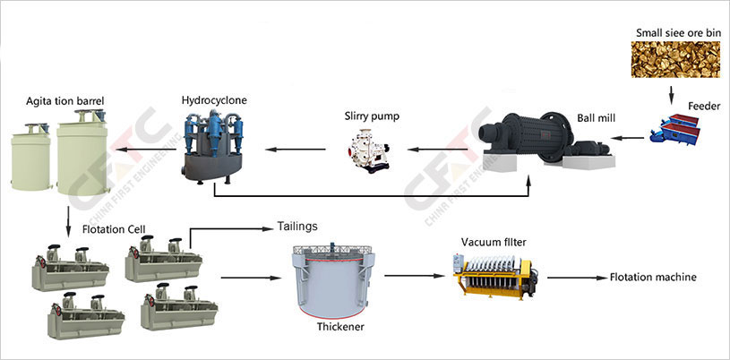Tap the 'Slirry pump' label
coord(371,116)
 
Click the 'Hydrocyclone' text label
coord(214,99)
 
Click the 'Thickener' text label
coord(340,327)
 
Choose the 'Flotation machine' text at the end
coord(652,278)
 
